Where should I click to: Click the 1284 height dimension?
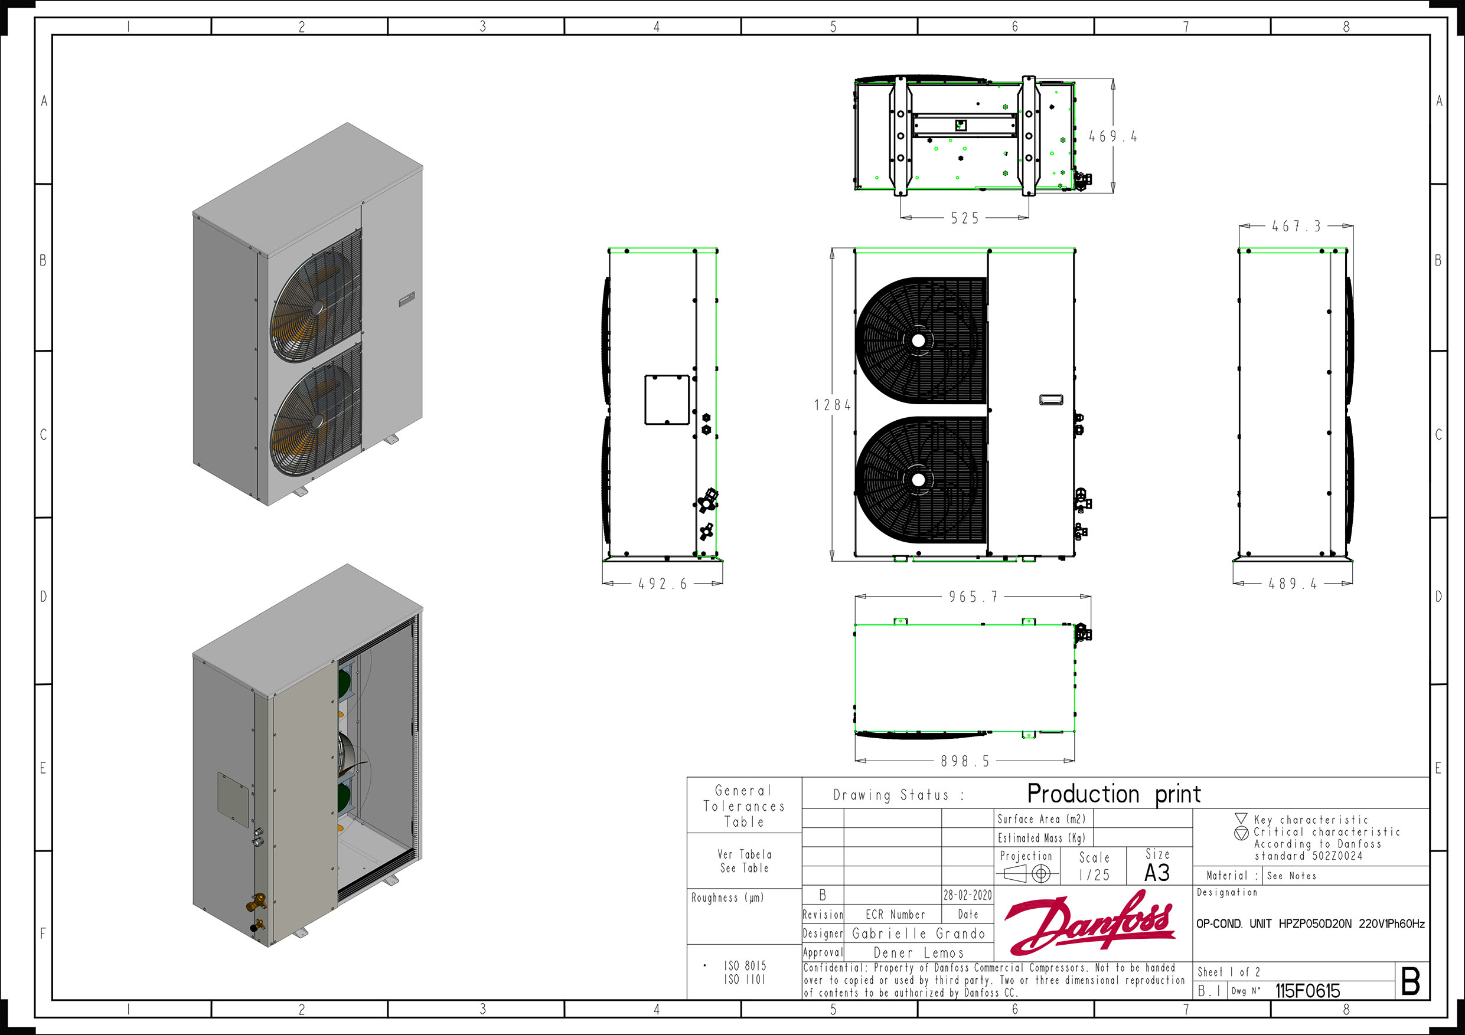tap(832, 405)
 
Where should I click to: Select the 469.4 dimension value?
tap(1113, 136)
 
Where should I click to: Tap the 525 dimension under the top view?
tap(964, 218)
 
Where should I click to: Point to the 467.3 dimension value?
tap(1296, 227)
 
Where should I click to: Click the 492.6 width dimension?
tap(663, 584)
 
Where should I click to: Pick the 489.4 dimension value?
tap(1292, 584)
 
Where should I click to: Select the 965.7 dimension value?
tap(973, 597)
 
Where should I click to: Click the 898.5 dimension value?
tap(965, 761)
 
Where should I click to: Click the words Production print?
tap(1114, 794)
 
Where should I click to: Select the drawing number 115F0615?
tap(1307, 991)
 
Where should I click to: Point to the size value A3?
tap(1157, 873)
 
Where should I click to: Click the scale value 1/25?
tap(1094, 876)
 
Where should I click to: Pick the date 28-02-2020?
tap(967, 895)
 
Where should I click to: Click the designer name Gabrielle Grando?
tap(919, 934)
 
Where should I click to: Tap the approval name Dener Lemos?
tap(918, 953)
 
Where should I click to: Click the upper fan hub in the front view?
tap(918, 340)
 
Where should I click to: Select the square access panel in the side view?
tap(667, 400)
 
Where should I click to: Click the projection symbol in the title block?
tap(1027, 874)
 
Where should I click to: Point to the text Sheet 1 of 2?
tap(1228, 972)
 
